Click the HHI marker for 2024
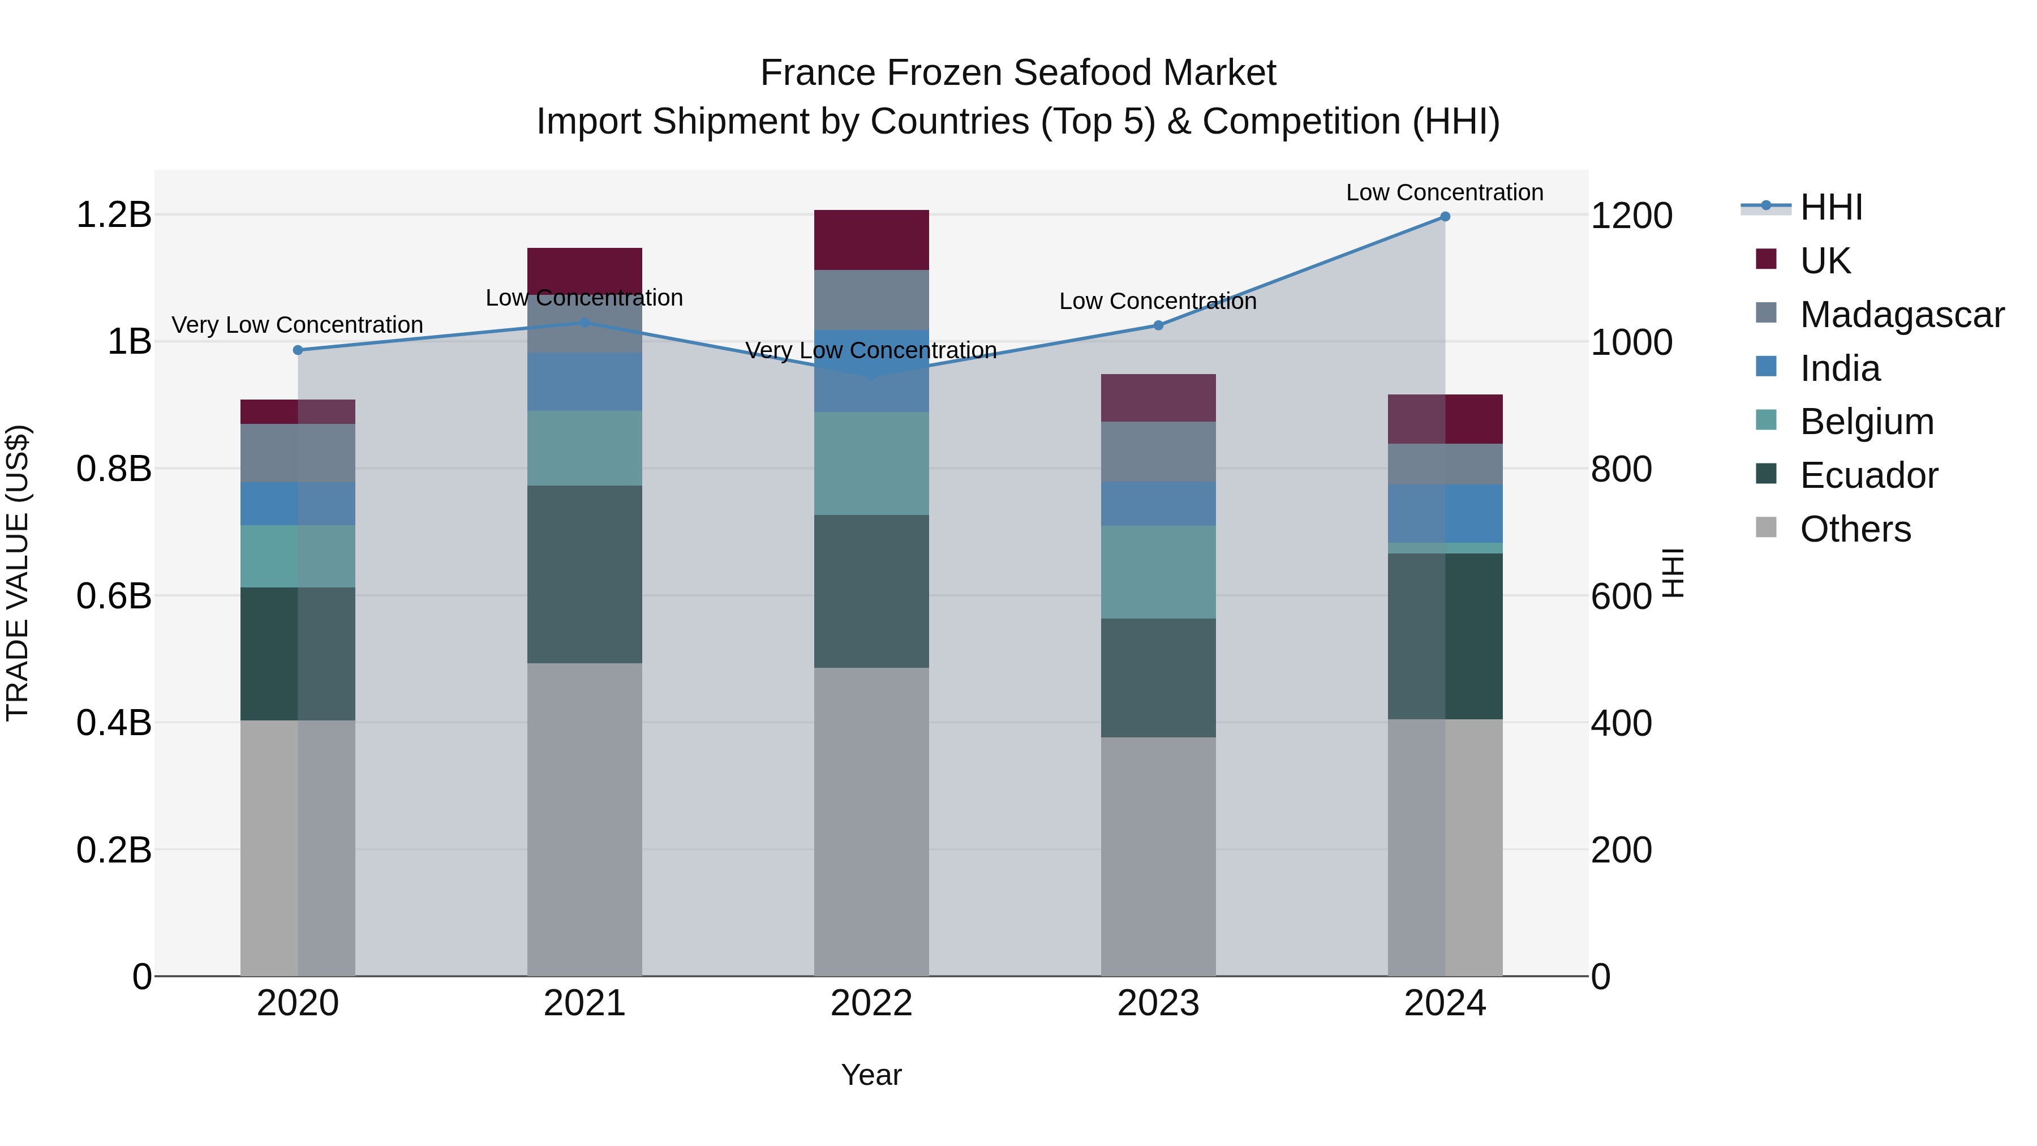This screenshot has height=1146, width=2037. point(1445,217)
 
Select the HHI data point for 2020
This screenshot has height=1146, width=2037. point(298,350)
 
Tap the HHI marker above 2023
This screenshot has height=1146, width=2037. point(1158,325)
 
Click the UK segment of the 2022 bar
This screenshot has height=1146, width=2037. point(871,239)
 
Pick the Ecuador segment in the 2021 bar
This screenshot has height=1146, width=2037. point(585,574)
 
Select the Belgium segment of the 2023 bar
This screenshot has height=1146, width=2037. point(1158,572)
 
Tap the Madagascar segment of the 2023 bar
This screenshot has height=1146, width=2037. point(1158,452)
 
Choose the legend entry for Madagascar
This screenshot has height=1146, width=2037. point(1902,315)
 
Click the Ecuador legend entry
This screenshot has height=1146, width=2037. point(1868,475)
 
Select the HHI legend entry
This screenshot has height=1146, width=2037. point(1830,207)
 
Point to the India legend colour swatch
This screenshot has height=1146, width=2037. point(1766,367)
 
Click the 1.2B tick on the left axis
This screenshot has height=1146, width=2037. point(114,215)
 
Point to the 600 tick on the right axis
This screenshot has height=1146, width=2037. point(1621,596)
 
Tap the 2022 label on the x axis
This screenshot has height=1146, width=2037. point(871,1003)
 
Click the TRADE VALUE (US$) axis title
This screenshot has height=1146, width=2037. point(18,573)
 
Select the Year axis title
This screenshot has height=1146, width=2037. point(871,1075)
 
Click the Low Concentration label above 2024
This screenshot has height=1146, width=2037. point(1445,192)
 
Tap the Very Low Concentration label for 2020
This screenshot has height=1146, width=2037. point(297,325)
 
